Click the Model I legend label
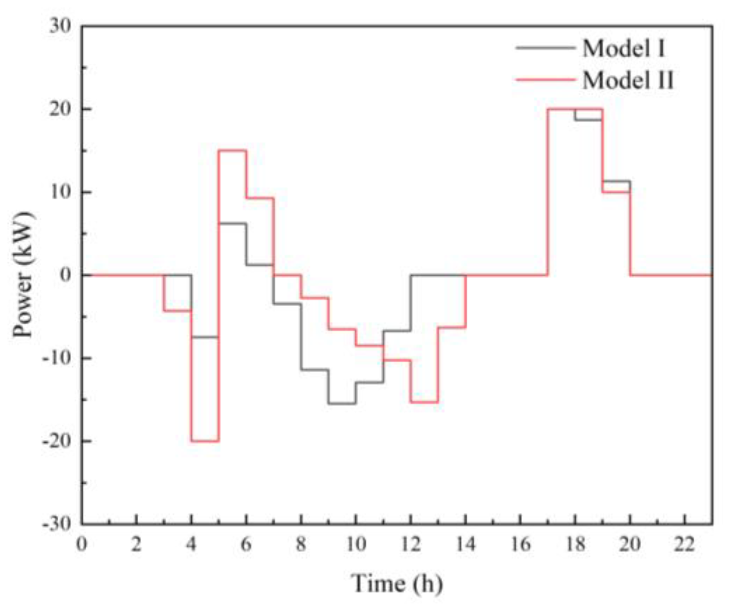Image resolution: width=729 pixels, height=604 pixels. point(623,48)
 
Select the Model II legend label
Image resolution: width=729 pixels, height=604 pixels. point(628,80)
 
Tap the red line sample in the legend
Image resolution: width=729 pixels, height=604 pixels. point(545,80)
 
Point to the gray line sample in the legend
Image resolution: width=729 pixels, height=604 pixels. point(545,48)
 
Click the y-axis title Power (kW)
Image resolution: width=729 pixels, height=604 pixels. point(23,275)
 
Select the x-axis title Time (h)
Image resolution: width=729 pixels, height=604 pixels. point(397,583)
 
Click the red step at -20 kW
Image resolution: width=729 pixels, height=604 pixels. point(205,441)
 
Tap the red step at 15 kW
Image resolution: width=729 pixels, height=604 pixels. point(232,150)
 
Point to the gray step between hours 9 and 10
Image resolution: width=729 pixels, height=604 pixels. point(342,404)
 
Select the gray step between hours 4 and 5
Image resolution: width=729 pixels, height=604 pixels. point(205,337)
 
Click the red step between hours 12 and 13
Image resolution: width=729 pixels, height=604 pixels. point(424,402)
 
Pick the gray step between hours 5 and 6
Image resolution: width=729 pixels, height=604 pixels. point(232,223)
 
